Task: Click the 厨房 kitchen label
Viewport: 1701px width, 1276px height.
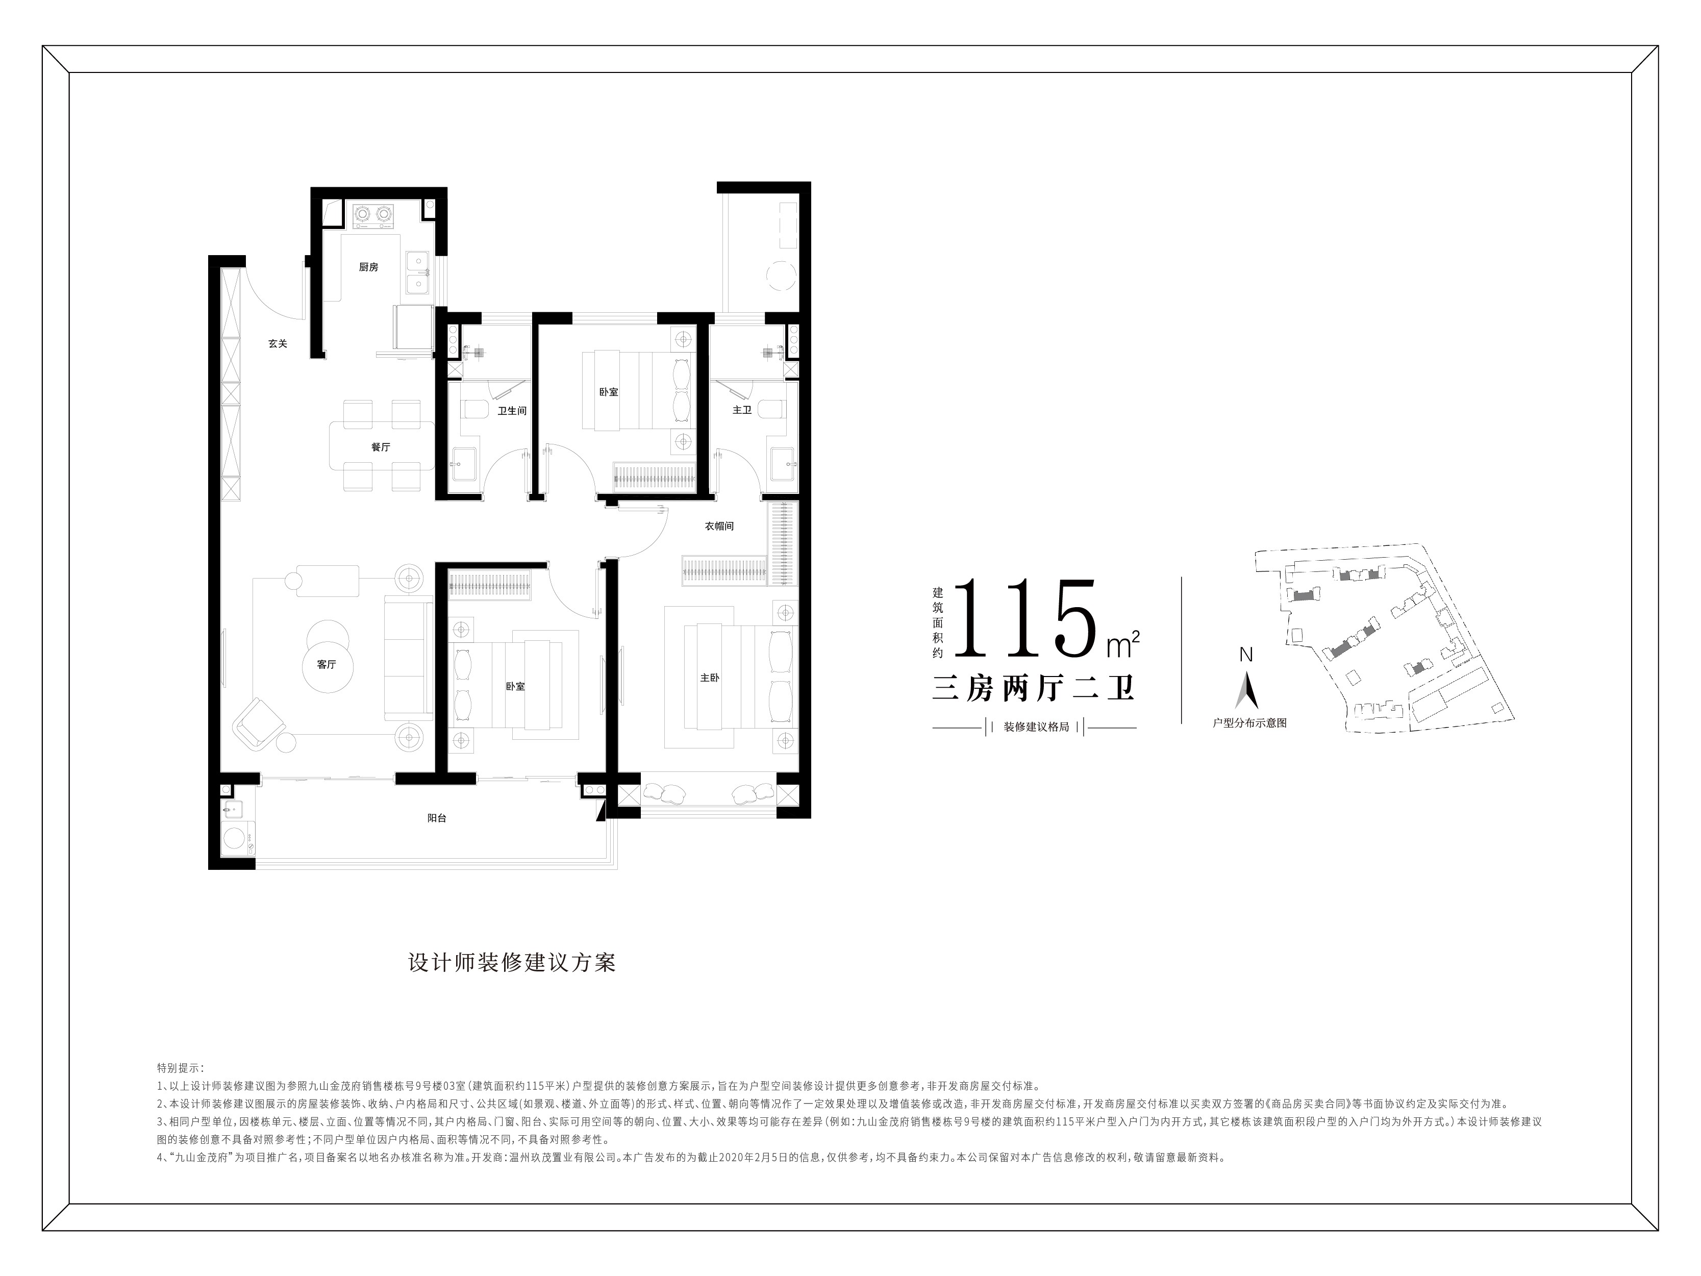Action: tap(368, 267)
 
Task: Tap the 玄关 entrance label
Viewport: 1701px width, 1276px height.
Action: tap(278, 344)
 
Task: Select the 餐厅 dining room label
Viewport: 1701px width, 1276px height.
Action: tap(381, 447)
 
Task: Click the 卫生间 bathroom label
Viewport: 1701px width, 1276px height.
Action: tap(511, 411)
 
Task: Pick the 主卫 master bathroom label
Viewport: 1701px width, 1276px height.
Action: tap(741, 410)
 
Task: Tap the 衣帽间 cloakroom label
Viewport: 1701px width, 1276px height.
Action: tap(719, 526)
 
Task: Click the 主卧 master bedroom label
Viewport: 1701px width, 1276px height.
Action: tap(710, 678)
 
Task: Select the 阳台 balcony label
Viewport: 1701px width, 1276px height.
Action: tap(437, 818)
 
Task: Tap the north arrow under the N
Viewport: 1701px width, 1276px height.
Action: tap(1246, 690)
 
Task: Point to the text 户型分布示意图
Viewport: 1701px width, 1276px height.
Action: tap(1249, 723)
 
